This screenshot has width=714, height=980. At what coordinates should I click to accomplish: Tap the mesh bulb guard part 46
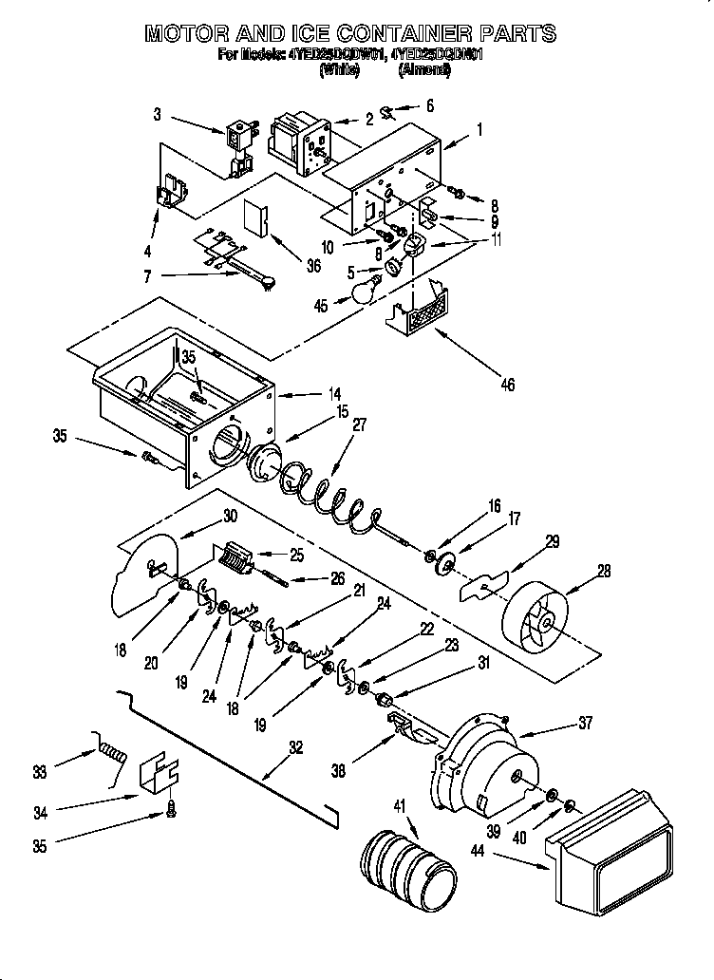pyautogui.click(x=422, y=310)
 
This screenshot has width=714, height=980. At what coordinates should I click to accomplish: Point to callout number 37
pyautogui.click(x=585, y=724)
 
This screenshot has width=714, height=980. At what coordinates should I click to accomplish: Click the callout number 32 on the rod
pyautogui.click(x=297, y=747)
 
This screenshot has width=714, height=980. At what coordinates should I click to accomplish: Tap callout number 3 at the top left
pyautogui.click(x=158, y=116)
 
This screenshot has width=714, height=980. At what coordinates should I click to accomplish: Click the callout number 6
pyautogui.click(x=429, y=106)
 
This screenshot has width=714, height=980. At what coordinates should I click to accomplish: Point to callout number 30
pyautogui.click(x=230, y=516)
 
